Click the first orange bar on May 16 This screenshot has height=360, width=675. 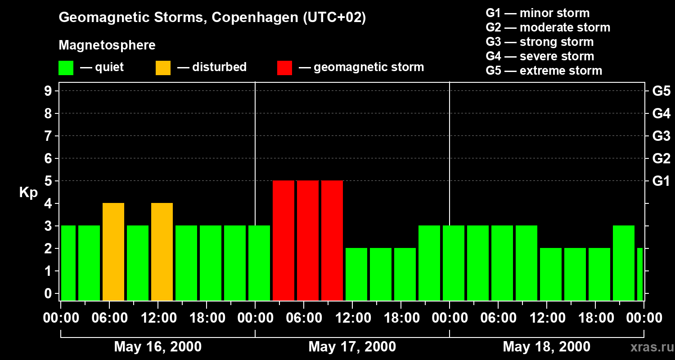point(113,252)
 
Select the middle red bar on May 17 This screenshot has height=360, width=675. point(308,240)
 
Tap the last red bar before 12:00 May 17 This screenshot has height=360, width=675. point(332,240)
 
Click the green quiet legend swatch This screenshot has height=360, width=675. point(66,67)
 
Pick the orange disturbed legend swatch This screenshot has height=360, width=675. point(163,67)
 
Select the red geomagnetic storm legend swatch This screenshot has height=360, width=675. point(284,67)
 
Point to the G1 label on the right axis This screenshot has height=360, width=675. point(661,181)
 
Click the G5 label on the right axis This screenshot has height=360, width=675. point(661,91)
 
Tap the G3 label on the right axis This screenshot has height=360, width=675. point(661,136)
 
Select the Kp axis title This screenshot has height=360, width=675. point(28,192)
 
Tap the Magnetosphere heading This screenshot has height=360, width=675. point(107,45)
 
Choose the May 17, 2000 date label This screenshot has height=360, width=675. point(352,346)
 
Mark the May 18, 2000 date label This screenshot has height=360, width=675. point(546,346)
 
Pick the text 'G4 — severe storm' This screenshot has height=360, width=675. point(540,56)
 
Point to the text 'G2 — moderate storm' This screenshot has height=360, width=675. point(548,27)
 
